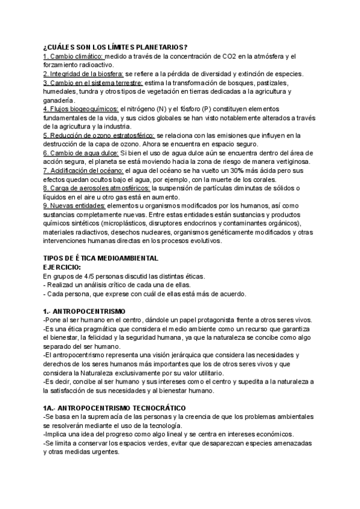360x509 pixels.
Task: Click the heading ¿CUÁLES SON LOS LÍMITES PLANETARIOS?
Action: click(x=115, y=47)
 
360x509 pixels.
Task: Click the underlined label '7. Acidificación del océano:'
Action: click(x=82, y=170)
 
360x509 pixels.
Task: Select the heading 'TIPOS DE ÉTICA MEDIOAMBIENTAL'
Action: click(x=101, y=258)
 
